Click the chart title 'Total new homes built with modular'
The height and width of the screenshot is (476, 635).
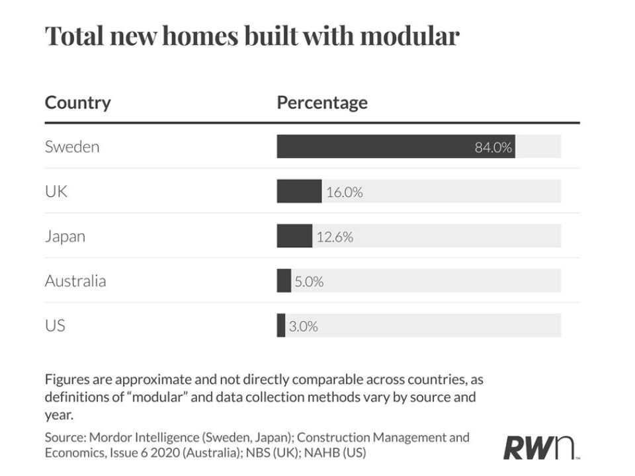pos(251,36)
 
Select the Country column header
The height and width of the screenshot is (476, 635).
pos(77,103)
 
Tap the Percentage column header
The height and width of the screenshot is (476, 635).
pos(321,103)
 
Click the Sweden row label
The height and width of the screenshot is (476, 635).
pos(71,147)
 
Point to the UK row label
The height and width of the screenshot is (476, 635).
pos(56,192)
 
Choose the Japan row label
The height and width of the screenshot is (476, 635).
pos(65,237)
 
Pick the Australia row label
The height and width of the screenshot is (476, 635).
pos(75,281)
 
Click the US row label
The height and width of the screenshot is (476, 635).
pos(55,326)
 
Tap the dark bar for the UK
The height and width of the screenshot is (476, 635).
pos(299,192)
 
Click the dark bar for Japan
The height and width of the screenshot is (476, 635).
pos(294,236)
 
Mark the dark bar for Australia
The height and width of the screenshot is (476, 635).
pos(284,281)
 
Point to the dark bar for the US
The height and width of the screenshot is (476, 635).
pos(281,326)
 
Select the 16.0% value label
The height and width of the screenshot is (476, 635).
pos(344,192)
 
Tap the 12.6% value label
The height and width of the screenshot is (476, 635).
pos(335,237)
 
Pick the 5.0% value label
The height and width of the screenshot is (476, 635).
pos(308,282)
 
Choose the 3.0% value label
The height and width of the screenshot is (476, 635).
pos(304,326)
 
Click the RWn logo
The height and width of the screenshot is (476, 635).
pos(540,447)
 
